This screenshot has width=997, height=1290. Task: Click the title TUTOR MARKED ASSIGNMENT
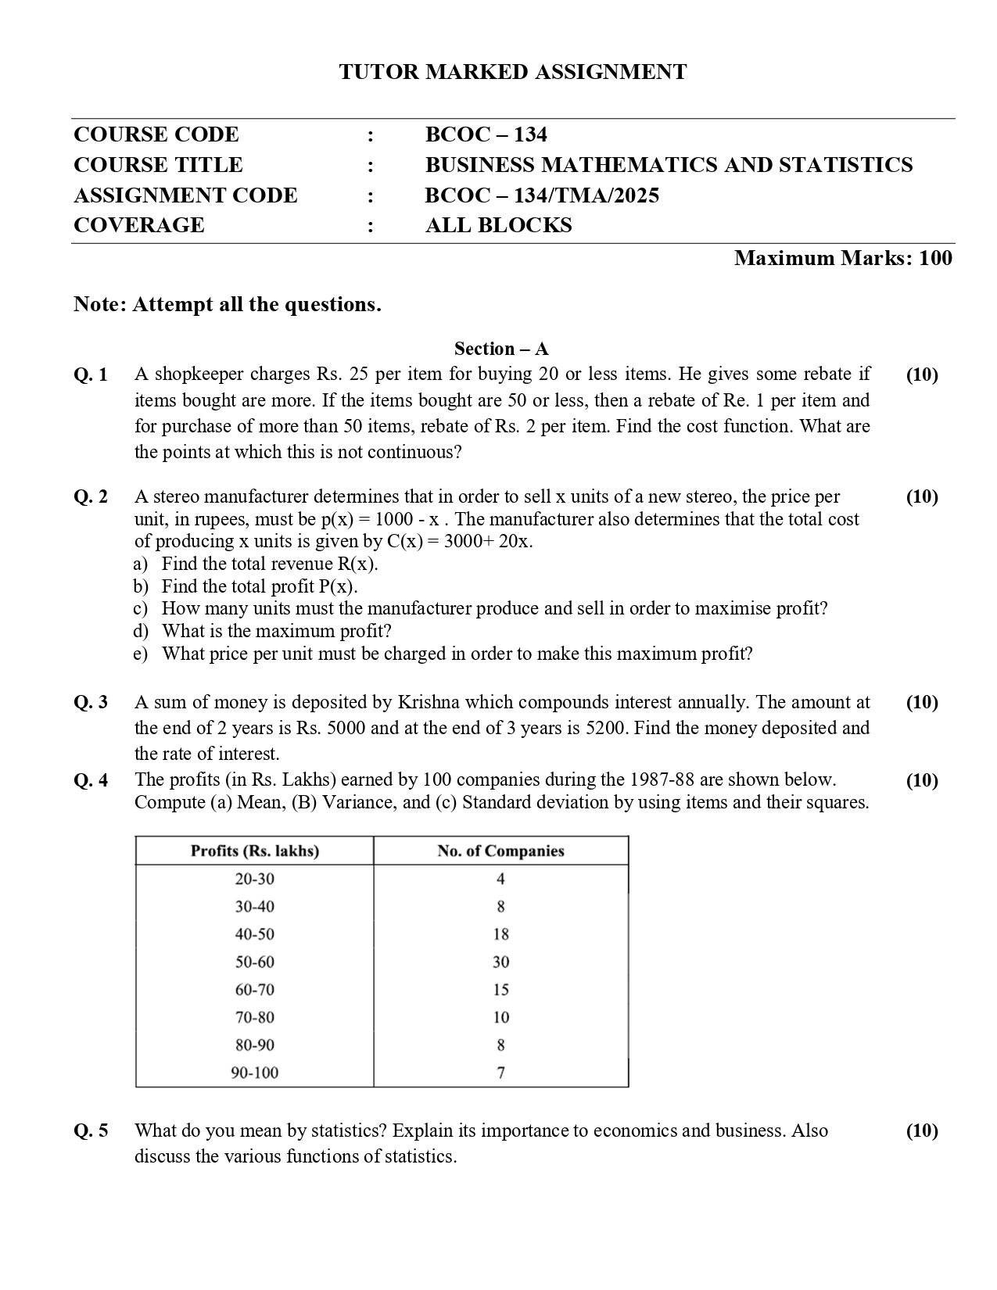click(x=513, y=72)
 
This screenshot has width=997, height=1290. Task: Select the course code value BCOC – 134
click(x=486, y=134)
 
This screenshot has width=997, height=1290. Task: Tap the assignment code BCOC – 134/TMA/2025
click(x=542, y=195)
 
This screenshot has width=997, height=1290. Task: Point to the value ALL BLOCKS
click(x=498, y=225)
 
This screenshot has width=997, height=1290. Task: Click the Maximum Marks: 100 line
click(x=843, y=258)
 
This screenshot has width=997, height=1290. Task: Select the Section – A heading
click(x=501, y=349)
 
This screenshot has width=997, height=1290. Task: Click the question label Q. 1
click(x=91, y=374)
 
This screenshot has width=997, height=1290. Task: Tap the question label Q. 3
click(x=91, y=702)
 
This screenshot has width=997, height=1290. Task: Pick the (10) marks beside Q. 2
click(x=922, y=496)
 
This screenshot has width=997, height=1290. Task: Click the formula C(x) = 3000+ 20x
click(x=459, y=541)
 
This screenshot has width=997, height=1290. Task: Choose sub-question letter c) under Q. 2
click(x=141, y=608)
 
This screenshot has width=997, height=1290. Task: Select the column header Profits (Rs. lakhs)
click(x=255, y=851)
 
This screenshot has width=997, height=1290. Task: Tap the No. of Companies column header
click(x=500, y=851)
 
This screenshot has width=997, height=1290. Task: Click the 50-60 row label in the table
click(x=255, y=962)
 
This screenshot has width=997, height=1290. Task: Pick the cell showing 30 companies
click(x=500, y=962)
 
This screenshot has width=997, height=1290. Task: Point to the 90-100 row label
click(x=255, y=1073)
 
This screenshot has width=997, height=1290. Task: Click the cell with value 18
click(x=500, y=934)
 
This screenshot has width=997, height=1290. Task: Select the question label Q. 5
click(x=91, y=1131)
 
